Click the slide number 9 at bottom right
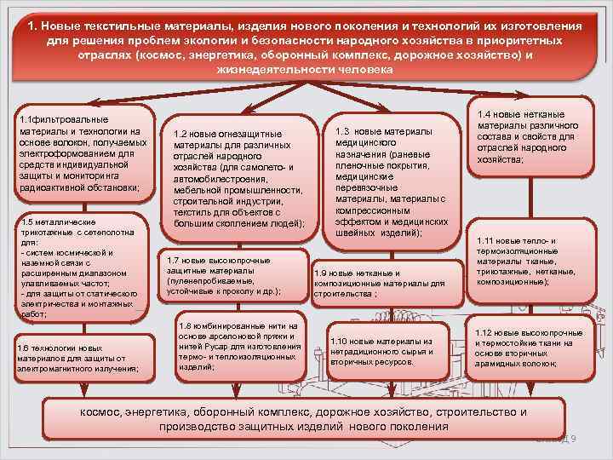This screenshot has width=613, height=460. click(x=574, y=438)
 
